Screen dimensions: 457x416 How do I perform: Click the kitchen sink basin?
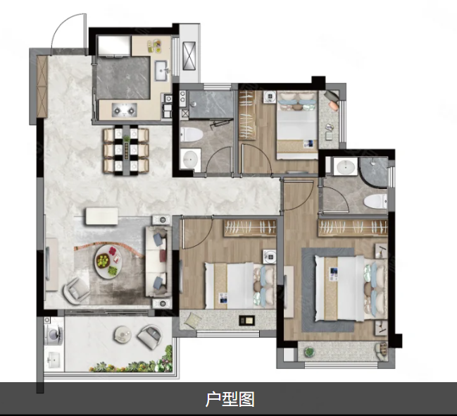click(161, 71)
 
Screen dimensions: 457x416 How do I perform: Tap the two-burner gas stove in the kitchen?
click(125, 110)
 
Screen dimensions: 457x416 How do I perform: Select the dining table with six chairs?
click(126, 151)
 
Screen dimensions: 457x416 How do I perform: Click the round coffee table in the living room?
click(108, 262)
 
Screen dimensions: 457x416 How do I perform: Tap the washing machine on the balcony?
click(54, 335)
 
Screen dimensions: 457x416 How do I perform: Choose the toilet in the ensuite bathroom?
click(375, 201)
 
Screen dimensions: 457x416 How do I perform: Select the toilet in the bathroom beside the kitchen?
click(191, 135)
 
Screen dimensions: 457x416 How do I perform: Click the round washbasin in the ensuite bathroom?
click(346, 167)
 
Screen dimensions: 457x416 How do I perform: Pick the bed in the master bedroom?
click(351, 288)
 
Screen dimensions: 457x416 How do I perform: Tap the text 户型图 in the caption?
click(230, 399)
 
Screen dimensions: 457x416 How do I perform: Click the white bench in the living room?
click(102, 216)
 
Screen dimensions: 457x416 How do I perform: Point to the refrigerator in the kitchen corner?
click(114, 46)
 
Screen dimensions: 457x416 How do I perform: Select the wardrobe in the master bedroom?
click(353, 228)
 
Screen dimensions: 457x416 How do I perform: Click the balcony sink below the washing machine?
click(54, 360)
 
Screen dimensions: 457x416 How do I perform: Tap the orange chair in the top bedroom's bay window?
click(332, 100)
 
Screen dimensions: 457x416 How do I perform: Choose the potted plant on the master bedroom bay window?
click(309, 352)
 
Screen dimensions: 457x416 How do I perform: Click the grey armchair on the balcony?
click(149, 337)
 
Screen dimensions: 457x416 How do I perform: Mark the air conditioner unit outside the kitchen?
click(189, 56)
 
